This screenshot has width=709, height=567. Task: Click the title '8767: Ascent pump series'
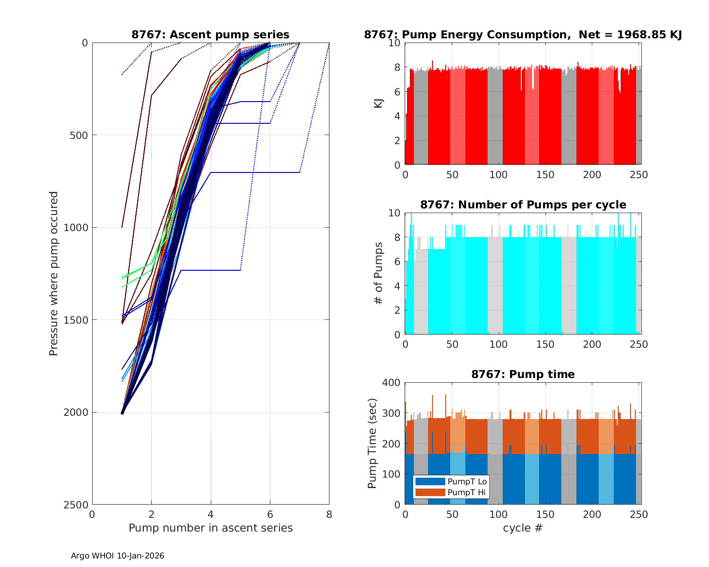[x=210, y=34]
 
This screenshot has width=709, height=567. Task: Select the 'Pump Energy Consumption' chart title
[x=523, y=34]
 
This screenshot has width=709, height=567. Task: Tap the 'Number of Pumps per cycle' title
[x=523, y=205]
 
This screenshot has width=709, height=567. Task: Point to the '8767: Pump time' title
[x=523, y=374]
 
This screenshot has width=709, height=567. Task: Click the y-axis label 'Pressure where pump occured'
[x=53, y=273]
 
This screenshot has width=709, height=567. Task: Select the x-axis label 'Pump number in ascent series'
[x=210, y=528]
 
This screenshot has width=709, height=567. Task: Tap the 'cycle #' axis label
[x=523, y=528]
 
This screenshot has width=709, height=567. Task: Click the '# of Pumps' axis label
[x=379, y=273]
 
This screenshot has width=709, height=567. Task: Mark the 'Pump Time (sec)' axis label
[x=372, y=443]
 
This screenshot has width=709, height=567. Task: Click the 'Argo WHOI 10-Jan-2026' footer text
[x=117, y=556]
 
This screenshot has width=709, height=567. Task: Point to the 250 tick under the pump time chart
[x=639, y=515]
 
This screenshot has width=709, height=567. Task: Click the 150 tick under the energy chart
[x=545, y=175]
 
